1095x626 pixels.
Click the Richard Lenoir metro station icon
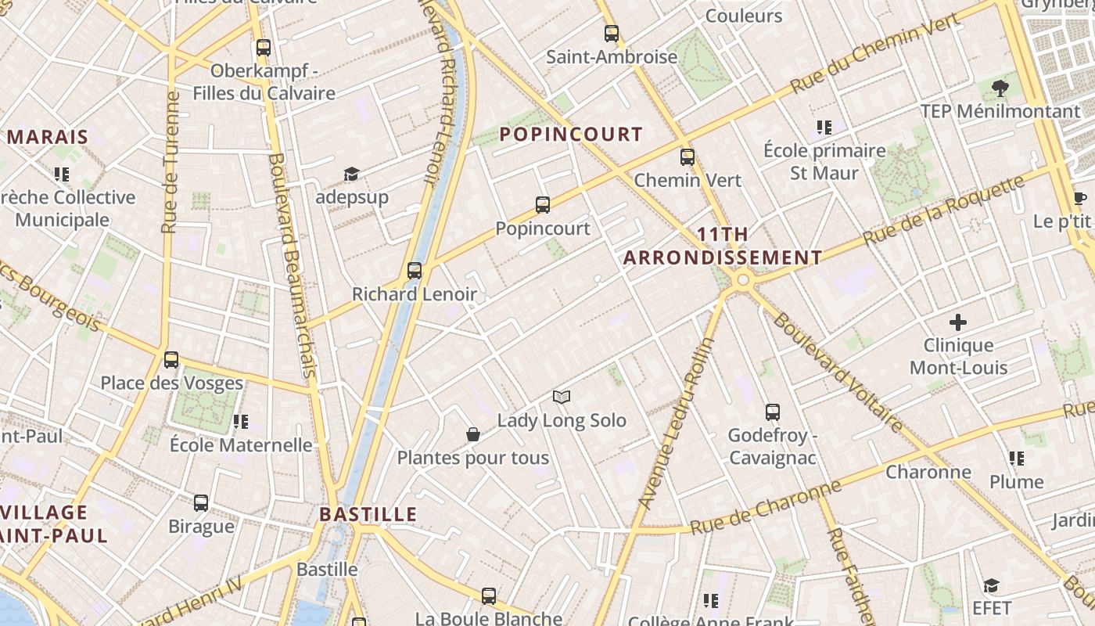[x=415, y=271]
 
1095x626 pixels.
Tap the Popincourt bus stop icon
[x=543, y=205]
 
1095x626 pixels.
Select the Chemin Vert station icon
[x=688, y=157]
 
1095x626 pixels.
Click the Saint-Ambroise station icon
[x=612, y=34]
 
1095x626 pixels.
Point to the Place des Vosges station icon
[x=171, y=360]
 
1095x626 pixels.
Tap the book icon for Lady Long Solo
[x=562, y=398]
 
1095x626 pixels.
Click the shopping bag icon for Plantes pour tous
[x=473, y=435]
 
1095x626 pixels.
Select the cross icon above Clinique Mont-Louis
[x=958, y=322]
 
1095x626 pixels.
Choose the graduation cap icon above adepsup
[x=351, y=174]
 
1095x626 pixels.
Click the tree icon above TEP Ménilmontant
[x=1000, y=88]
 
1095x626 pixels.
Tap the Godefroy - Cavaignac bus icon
[x=773, y=412]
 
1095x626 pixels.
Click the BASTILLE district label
[x=368, y=515]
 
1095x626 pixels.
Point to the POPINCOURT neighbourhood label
[x=571, y=135]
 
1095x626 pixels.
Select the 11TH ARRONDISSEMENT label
[x=723, y=246]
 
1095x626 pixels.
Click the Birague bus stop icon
[x=201, y=503]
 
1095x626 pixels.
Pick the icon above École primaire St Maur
[x=824, y=127]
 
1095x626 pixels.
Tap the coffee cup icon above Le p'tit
[x=1080, y=198]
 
